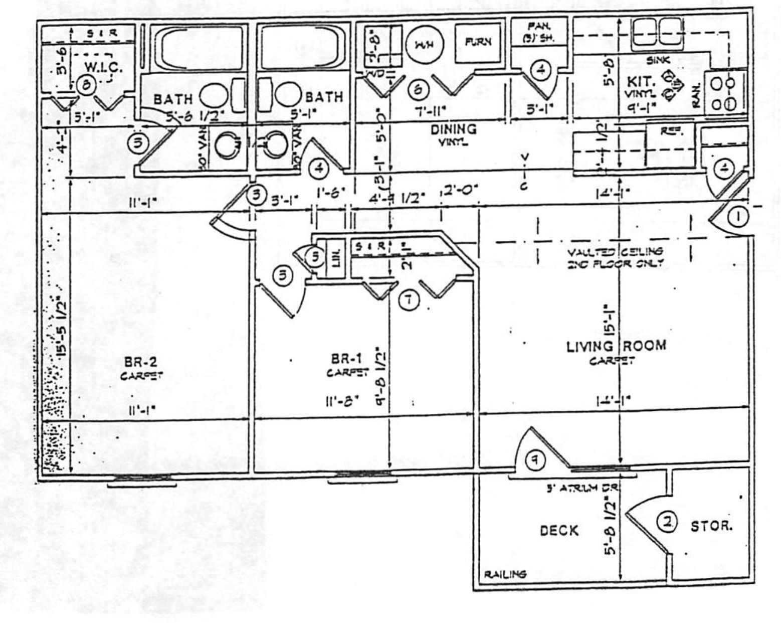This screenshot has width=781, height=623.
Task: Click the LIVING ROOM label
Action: (x=616, y=346)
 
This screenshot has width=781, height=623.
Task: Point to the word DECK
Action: (x=559, y=530)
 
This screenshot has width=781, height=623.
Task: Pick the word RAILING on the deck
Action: (x=505, y=574)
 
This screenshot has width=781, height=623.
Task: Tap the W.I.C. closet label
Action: (x=103, y=67)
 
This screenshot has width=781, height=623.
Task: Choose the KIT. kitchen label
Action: (x=638, y=81)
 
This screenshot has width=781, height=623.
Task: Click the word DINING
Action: (x=454, y=129)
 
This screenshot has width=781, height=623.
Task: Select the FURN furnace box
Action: (x=478, y=43)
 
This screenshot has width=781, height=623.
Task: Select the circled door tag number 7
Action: (x=409, y=300)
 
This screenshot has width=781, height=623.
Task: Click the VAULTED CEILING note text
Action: (x=615, y=256)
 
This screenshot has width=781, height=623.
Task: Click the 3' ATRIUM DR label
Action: (x=583, y=487)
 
